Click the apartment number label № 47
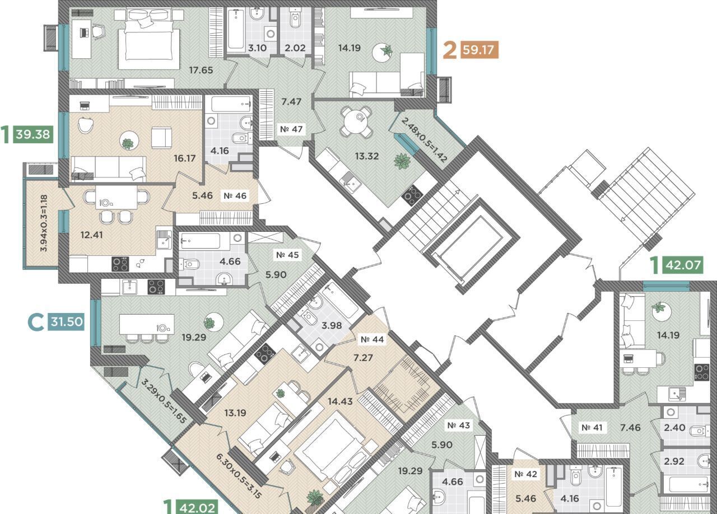tap(291, 129)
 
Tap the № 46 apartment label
tap(235, 195)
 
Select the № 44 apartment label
tap(372, 339)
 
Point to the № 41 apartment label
tap(592, 427)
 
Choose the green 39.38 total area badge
tap(33, 134)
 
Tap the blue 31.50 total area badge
tap(67, 321)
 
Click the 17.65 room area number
tap(201, 70)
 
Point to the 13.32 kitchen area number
tap(366, 156)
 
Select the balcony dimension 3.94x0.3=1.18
tap(44, 223)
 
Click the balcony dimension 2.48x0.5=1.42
tap(424, 140)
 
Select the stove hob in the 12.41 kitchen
tap(120, 264)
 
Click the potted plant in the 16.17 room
tap(128, 144)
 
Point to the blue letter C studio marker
tap(35, 322)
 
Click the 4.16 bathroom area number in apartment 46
tap(220, 151)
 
